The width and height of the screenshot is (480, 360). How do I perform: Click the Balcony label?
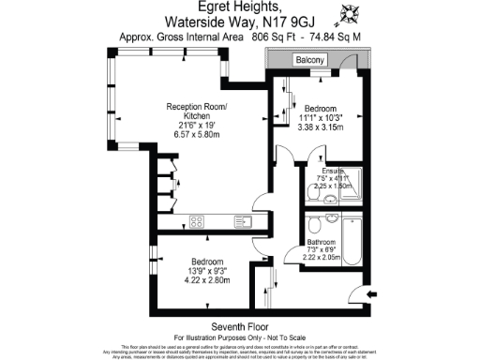[310, 61]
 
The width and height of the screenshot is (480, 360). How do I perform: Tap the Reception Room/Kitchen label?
[197, 111]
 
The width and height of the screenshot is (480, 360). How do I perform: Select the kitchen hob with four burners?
[198, 222]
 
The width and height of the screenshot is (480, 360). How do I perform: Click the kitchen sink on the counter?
[242, 222]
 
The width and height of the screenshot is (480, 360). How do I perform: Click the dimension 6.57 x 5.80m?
[197, 135]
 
